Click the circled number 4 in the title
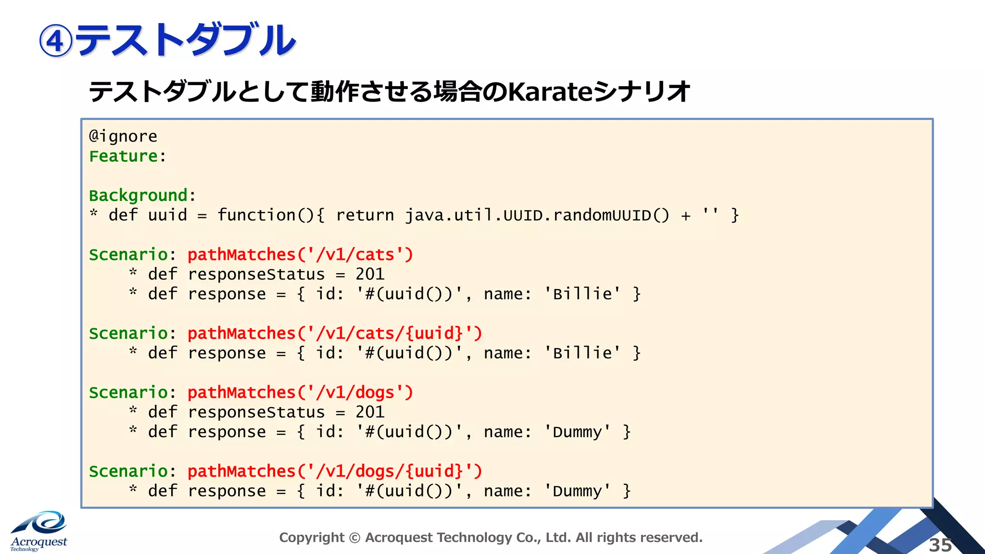56,41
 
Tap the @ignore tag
123,137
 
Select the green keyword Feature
124,156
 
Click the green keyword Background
138,196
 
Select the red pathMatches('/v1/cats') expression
300,254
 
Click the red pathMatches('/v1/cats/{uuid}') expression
335,333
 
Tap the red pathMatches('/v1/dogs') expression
300,392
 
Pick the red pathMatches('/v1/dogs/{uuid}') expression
335,471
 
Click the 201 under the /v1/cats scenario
370,274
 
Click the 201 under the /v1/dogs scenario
370,412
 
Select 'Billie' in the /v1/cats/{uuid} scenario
582,353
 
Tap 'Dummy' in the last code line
577,491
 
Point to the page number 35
940,545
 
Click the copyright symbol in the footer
354,538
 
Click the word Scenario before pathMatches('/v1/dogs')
128,392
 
